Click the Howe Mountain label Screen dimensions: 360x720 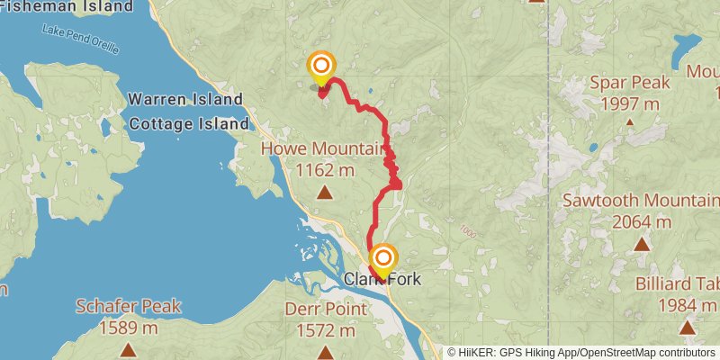pos(323,148)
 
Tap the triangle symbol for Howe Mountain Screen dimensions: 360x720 pos(324,191)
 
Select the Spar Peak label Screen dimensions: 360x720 pos(630,84)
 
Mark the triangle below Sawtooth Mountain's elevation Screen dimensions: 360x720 pos(642,243)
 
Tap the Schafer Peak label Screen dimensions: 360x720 pos(128,305)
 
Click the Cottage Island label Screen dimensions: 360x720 pos(188,123)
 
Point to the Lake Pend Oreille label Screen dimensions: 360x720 pos(80,40)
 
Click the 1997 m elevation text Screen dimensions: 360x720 pos(630,103)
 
